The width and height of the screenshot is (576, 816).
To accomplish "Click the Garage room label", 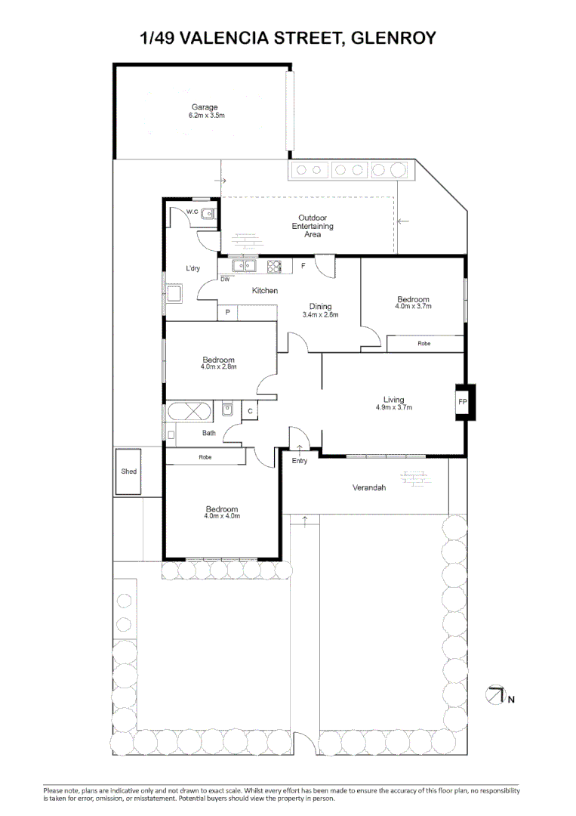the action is [x=205, y=107].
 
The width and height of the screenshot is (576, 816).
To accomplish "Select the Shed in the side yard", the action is [x=128, y=471].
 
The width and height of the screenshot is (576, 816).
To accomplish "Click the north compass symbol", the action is [x=495, y=695].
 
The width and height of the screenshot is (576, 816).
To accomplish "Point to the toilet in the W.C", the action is [x=208, y=213].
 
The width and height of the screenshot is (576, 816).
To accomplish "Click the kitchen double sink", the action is [x=244, y=266].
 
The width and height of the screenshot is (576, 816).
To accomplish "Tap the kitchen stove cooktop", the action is [x=274, y=267].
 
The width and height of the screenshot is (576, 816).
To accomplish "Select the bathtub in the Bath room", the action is [x=189, y=411].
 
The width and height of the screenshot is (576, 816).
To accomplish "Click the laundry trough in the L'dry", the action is [x=174, y=294].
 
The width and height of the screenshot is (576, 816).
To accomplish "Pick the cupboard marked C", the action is [x=250, y=410].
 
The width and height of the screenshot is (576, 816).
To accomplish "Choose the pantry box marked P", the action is [x=227, y=313].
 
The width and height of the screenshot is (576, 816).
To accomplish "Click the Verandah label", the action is [x=369, y=487].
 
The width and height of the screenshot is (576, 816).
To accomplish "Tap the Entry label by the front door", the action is [x=300, y=461].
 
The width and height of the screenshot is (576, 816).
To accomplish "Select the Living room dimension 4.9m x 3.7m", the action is [x=394, y=407].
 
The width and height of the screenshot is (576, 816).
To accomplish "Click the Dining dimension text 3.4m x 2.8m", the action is [x=320, y=315].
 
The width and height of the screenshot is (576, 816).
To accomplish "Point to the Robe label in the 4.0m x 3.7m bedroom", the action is [x=424, y=344].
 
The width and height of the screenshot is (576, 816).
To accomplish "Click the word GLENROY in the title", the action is [x=393, y=38].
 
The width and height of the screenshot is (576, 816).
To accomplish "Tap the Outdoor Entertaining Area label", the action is [x=313, y=226].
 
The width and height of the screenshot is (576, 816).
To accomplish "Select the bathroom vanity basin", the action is [x=227, y=410].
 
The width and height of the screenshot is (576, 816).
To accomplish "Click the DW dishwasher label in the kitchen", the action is [x=225, y=280].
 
